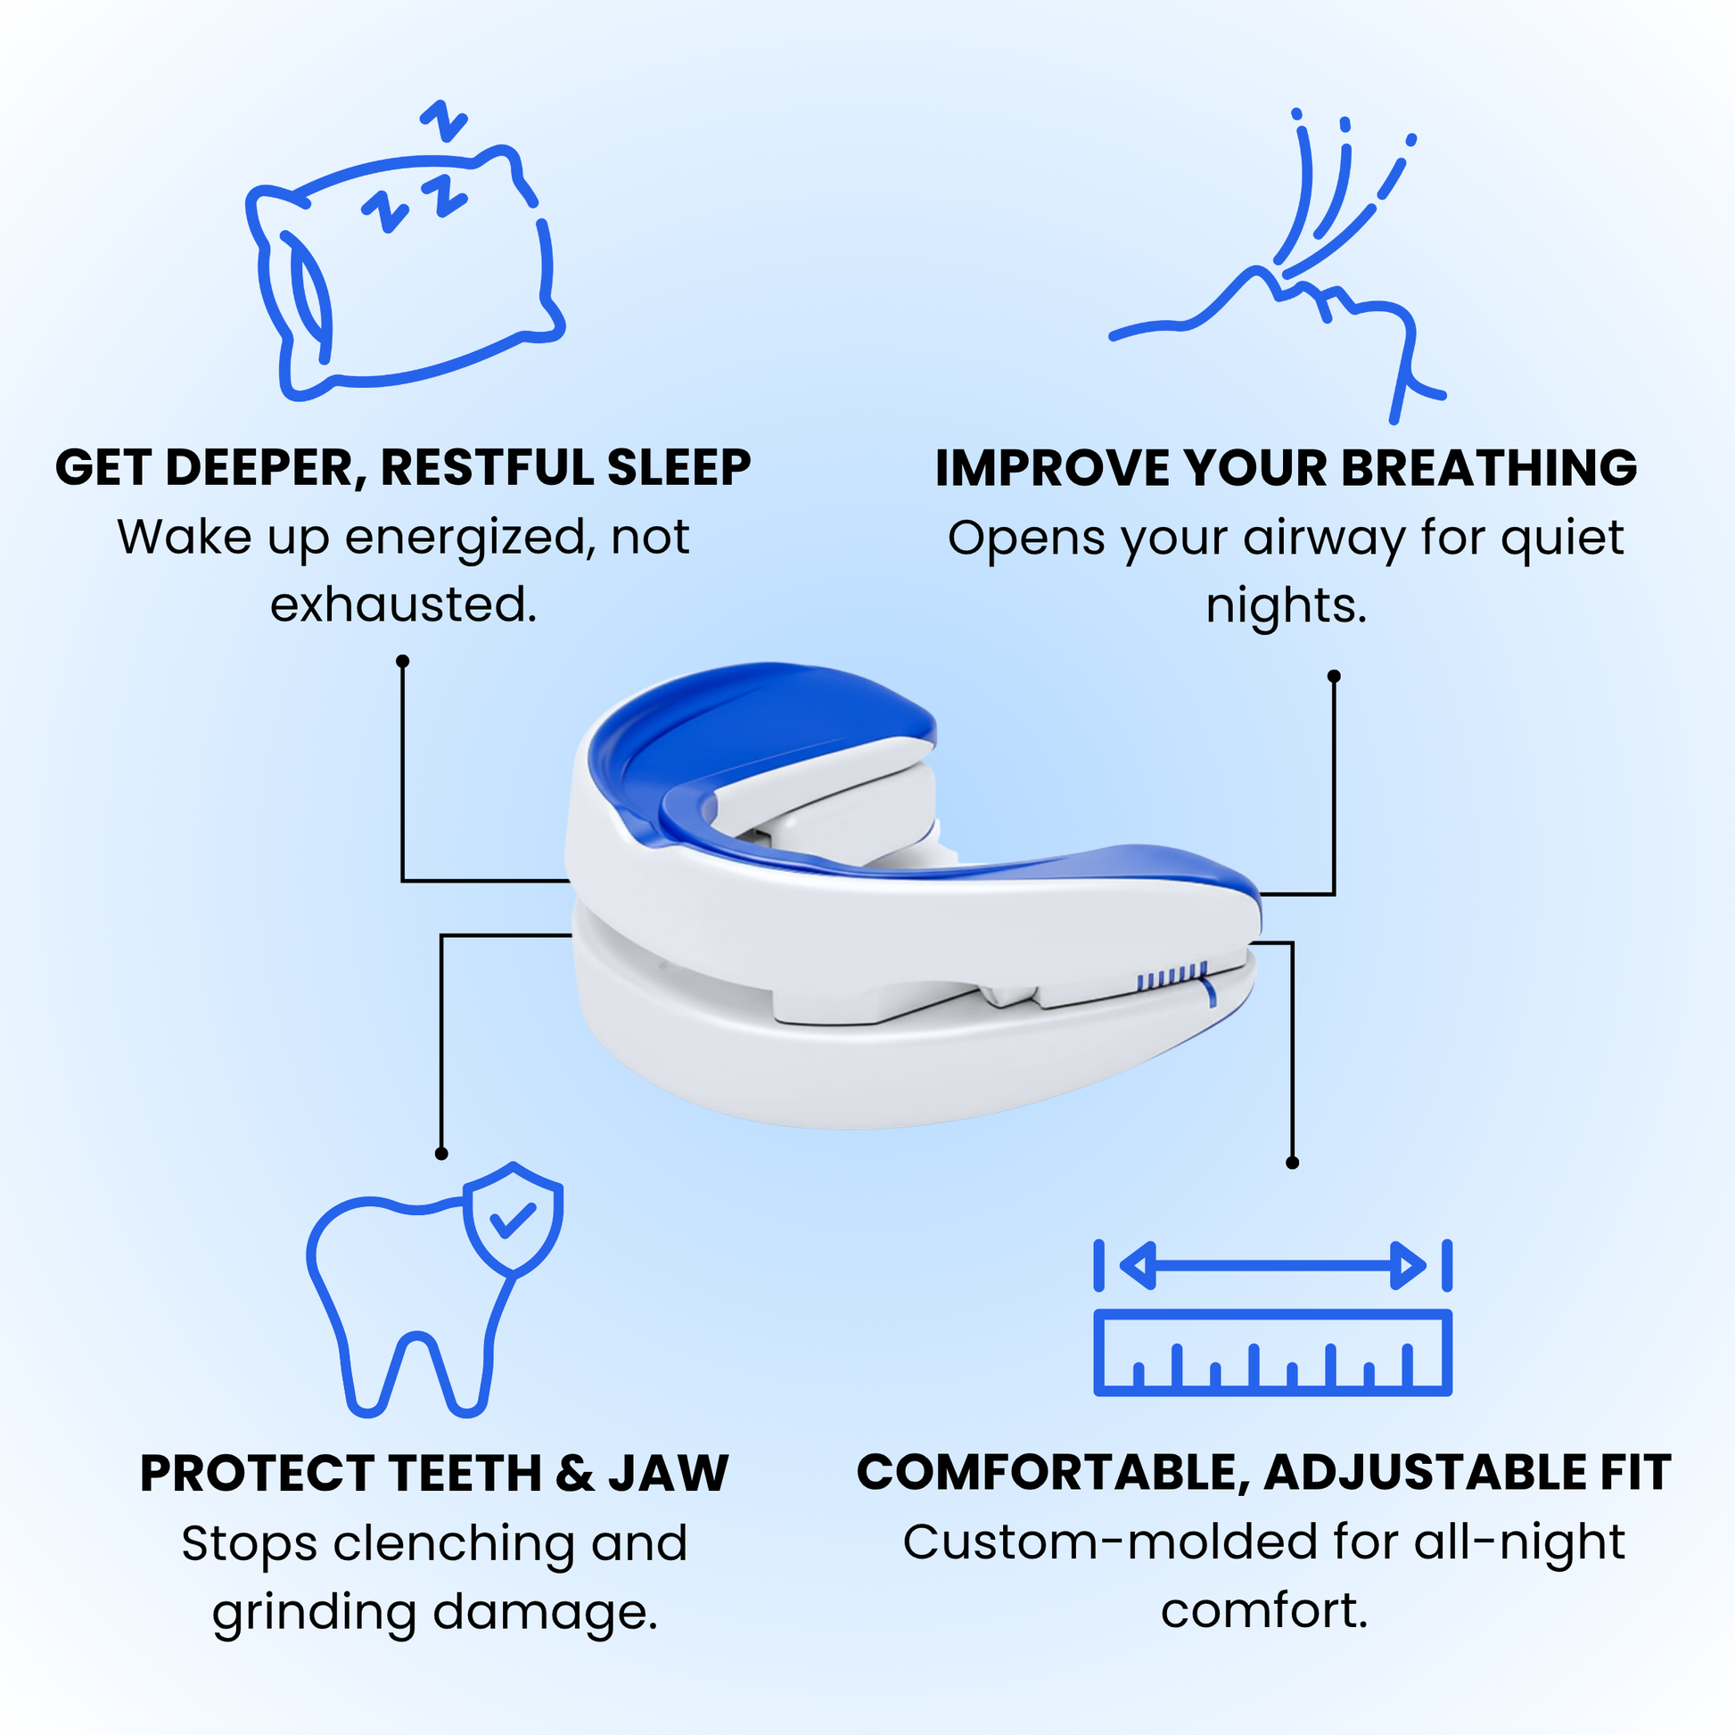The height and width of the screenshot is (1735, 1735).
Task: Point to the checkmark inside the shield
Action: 513,1219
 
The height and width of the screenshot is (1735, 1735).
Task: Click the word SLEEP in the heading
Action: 678,468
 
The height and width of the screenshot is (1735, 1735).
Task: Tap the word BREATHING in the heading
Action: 1490,468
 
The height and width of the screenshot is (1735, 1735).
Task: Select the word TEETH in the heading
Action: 465,1474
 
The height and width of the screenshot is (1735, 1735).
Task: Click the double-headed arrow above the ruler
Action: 1272,1266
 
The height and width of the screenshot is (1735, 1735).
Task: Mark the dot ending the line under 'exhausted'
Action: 402,661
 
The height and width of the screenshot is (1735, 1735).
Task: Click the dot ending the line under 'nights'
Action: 1334,676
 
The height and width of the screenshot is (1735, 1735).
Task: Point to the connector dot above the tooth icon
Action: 441,1153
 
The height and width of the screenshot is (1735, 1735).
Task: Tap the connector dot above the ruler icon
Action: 1292,1163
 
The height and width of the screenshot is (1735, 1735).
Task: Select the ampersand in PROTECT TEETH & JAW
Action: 575,1474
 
